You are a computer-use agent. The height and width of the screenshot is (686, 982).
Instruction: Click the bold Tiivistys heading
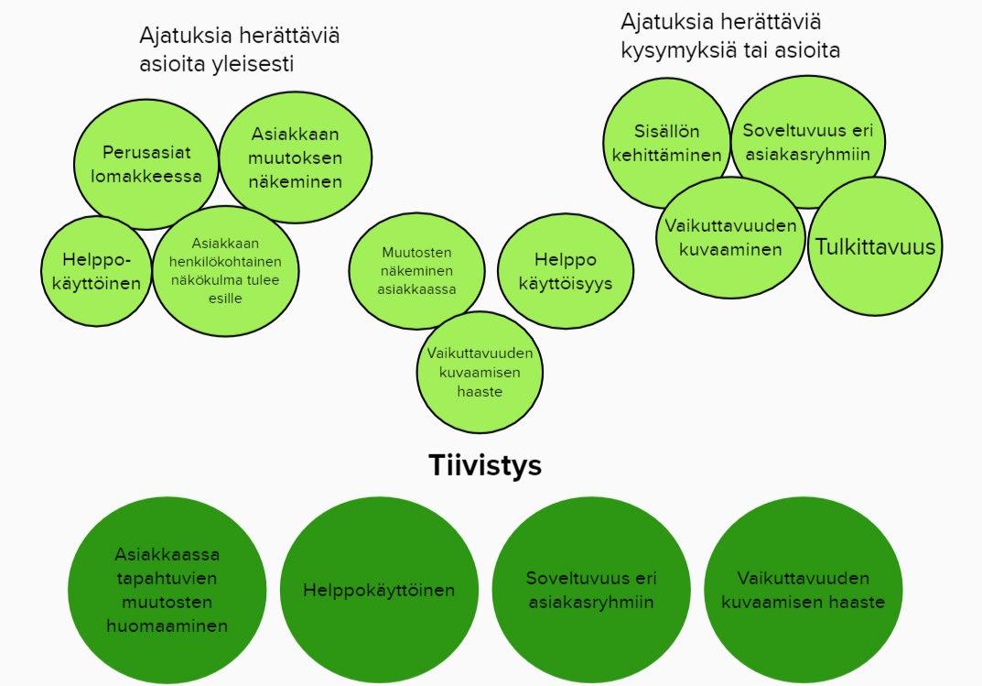[485, 466]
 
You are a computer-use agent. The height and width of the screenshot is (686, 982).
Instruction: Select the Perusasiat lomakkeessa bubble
[146, 165]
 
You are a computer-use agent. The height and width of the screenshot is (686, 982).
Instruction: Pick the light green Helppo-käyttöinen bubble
[95, 271]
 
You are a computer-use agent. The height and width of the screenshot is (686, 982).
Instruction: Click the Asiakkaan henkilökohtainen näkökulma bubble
[225, 271]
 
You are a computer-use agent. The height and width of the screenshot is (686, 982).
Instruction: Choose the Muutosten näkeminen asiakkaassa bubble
[416, 271]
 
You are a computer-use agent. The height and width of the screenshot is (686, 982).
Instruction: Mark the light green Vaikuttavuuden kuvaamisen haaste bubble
[480, 372]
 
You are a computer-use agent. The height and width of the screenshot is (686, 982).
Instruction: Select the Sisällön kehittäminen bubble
[666, 143]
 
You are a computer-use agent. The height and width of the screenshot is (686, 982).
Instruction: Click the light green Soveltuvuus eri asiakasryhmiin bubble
[806, 141]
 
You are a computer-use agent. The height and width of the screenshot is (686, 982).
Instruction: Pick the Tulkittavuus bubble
[876, 246]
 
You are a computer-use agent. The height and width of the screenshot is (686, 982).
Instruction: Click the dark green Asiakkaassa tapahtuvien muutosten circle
[167, 591]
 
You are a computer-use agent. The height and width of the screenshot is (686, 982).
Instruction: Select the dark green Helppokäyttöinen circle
[379, 591]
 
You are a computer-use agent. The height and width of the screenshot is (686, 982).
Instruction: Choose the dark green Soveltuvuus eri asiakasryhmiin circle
[591, 591]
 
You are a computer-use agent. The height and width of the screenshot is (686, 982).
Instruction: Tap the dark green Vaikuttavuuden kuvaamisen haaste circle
[803, 591]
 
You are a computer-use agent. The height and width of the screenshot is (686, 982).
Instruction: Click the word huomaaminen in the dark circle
[167, 626]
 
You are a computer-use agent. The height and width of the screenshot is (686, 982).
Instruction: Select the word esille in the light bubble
[224, 299]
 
